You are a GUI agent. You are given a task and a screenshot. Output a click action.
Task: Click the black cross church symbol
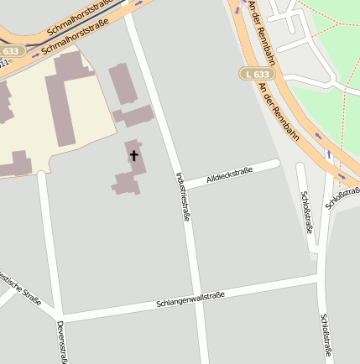click(x=133, y=155)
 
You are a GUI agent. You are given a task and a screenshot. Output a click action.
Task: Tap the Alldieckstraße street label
click(x=230, y=174)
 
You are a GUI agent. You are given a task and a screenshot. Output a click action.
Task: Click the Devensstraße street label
click(x=61, y=342)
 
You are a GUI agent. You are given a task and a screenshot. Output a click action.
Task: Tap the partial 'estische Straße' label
click(x=21, y=288)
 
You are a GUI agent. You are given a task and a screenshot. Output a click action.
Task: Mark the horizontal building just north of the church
click(x=136, y=116)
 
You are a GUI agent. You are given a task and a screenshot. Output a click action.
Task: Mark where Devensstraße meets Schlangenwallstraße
click(x=60, y=317)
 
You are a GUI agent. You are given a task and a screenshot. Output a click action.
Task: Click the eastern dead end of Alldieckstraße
click(x=277, y=162)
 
